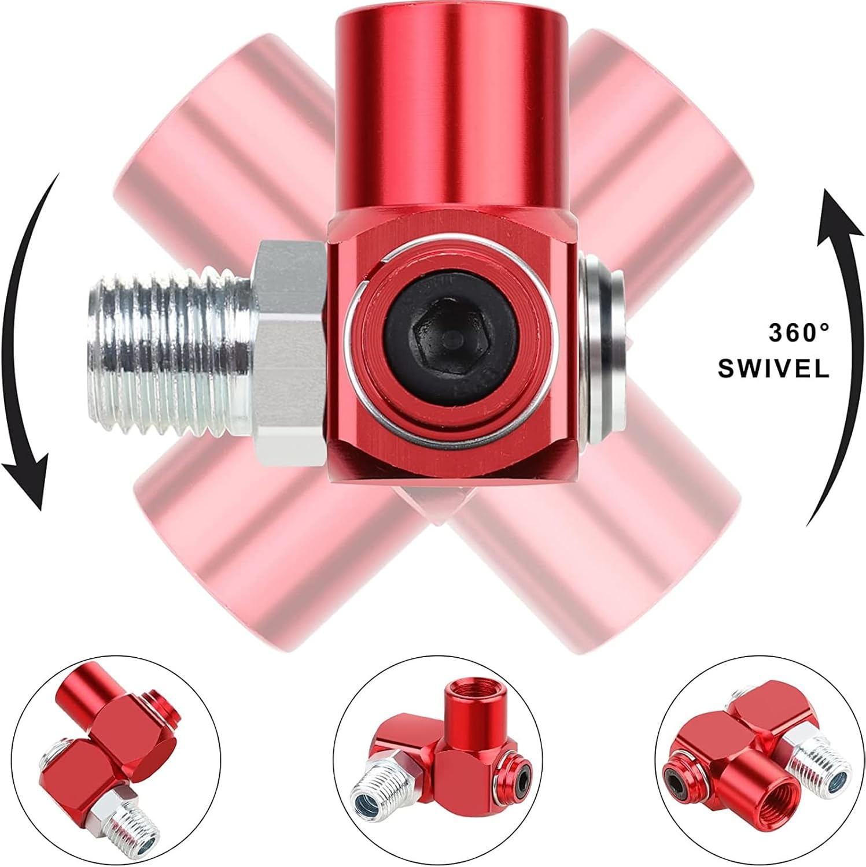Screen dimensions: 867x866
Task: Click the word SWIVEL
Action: pyautogui.click(x=773, y=368)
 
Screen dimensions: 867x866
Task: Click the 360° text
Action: pyautogui.click(x=798, y=334)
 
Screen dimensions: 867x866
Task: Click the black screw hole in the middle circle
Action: pyautogui.click(x=523, y=783)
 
